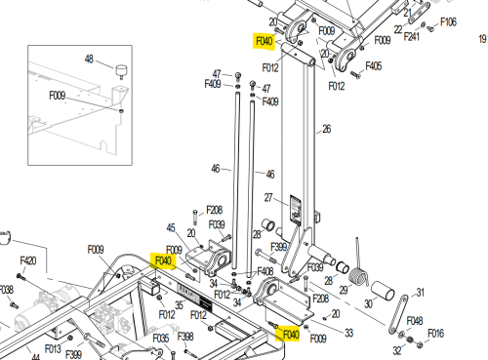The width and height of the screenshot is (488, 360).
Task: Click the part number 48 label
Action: (89, 60)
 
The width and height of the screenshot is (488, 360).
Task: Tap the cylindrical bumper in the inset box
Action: (121, 71)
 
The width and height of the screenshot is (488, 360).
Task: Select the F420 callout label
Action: (28, 260)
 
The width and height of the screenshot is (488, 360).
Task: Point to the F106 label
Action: (448, 22)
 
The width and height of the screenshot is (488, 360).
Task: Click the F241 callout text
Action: (412, 36)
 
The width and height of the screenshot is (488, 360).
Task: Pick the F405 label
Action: (374, 66)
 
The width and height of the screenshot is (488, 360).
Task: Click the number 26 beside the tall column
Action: (327, 129)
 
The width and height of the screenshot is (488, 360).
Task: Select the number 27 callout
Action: (268, 197)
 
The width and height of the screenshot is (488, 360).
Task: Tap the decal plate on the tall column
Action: (296, 210)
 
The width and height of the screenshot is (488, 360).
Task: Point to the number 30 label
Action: (368, 303)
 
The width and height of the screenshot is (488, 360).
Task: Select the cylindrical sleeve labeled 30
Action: (383, 291)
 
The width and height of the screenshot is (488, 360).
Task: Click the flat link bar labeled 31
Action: (398, 314)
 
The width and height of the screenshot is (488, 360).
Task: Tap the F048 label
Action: (415, 321)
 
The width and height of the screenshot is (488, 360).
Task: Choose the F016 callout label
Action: (435, 334)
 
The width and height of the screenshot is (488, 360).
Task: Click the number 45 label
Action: (171, 228)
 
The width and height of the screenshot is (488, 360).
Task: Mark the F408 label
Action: (265, 271)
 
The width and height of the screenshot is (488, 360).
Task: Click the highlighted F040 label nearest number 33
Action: (291, 335)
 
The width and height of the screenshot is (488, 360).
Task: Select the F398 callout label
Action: (185, 337)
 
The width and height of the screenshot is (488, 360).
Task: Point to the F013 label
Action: (53, 349)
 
